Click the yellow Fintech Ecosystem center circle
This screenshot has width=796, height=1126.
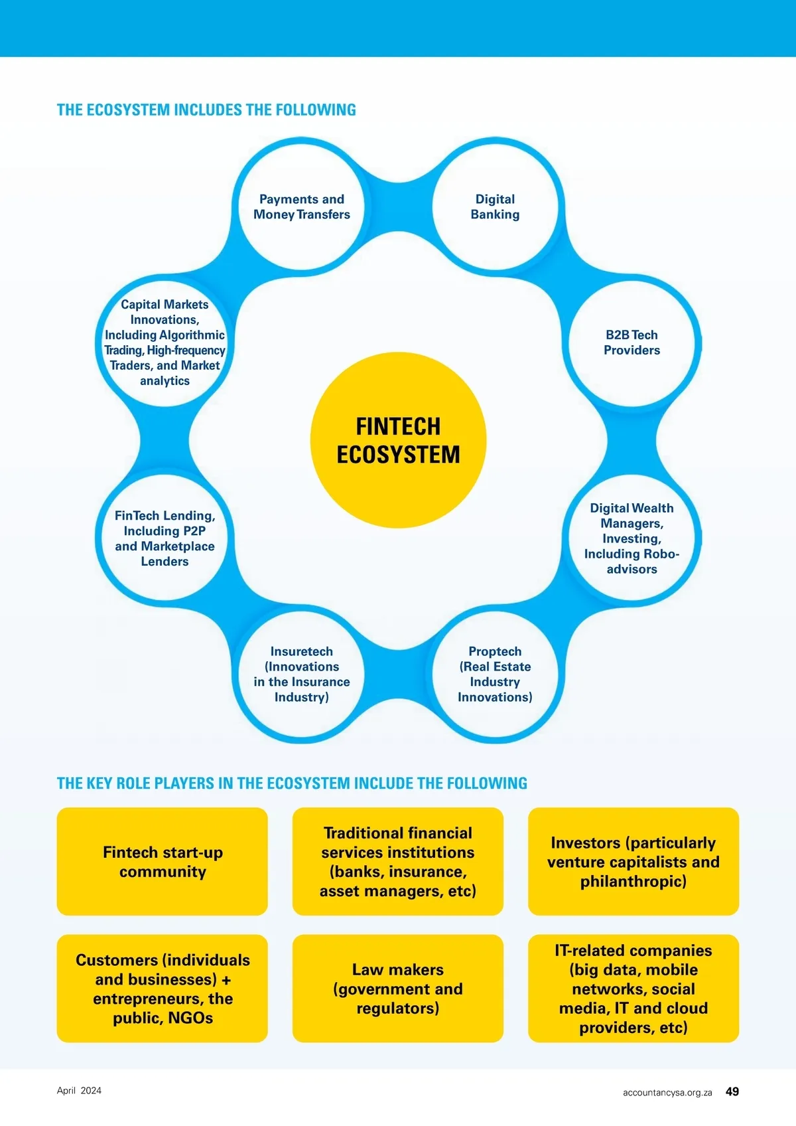point(398,440)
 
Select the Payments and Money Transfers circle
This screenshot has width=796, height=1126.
point(302,206)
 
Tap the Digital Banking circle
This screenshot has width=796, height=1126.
point(495,206)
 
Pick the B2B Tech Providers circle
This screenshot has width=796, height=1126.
point(631,343)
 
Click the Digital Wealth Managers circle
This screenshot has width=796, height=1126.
point(631,538)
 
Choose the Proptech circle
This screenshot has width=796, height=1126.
point(495,674)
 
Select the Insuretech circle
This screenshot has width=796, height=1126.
point(302,674)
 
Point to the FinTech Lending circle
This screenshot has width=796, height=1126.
point(165,538)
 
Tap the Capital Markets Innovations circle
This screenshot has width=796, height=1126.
point(165,343)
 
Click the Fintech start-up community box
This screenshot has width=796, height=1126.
point(163,862)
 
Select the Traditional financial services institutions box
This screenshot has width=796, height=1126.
point(398,862)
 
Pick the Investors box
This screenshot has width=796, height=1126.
point(633,862)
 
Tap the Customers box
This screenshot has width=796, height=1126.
point(163,989)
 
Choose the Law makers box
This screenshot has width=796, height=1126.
point(398,989)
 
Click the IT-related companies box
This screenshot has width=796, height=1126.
point(633,989)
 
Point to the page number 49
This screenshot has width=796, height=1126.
point(732,1091)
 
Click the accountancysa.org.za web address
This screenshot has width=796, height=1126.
point(667,1092)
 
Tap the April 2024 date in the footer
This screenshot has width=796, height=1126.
point(79,1090)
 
